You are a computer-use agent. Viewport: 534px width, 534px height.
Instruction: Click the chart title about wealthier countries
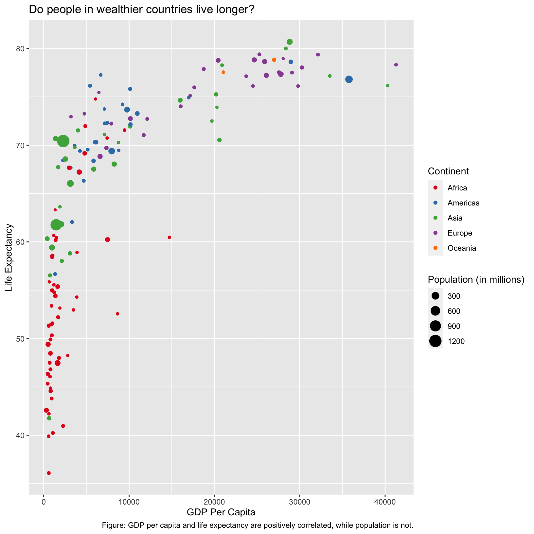coord(141,10)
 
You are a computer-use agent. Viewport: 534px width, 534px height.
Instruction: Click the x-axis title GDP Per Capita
coord(221,512)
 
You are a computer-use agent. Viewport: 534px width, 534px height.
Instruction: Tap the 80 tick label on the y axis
coord(21,49)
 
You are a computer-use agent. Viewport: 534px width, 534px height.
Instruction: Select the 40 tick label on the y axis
coord(21,435)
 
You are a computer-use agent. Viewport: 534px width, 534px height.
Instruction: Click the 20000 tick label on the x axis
coord(214,502)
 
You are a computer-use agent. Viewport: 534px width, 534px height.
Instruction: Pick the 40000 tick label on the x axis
coord(385,502)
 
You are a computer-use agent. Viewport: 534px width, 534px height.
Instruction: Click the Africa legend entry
coord(457,188)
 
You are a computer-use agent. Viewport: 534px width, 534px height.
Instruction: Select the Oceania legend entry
coord(461,248)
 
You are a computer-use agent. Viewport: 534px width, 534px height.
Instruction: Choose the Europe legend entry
coord(460,233)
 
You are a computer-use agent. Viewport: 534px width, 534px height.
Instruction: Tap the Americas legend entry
coord(463,203)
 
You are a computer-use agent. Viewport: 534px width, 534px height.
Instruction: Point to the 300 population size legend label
coord(454,296)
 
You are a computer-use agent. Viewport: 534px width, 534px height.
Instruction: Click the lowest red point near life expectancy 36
coord(49,473)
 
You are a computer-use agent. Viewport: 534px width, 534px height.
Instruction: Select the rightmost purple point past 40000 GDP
coord(396,65)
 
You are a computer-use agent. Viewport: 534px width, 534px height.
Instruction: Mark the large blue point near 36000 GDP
coord(349,79)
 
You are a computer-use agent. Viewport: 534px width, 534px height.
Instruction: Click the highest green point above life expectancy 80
coord(290,42)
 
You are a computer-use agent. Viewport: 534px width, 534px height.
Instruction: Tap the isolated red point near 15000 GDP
coord(169,237)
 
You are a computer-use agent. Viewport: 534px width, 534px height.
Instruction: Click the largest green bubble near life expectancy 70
coord(63,141)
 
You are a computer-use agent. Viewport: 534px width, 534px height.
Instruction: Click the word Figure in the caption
coord(112,525)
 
